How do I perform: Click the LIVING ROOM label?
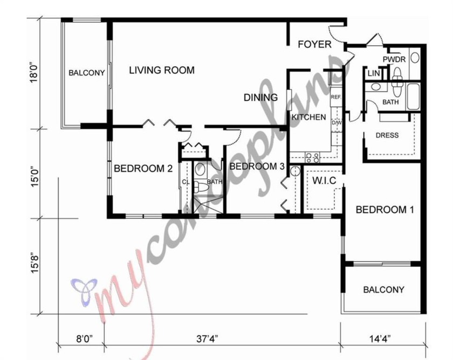pos(161,70)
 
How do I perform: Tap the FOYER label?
pos(314,44)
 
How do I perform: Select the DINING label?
pos(260,98)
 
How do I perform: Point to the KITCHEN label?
pos(308,117)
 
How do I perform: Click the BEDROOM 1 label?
pos(385,210)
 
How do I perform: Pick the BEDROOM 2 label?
pos(143,169)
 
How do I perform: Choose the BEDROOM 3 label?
pos(257,167)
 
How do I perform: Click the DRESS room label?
pos(387,135)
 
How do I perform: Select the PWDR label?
pos(394,59)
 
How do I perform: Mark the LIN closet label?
pos(373,73)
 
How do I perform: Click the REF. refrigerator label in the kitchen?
pos(335,98)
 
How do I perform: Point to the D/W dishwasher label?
pos(335,122)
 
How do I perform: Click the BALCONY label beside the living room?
pos(86,72)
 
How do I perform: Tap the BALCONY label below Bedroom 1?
pos(383,289)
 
